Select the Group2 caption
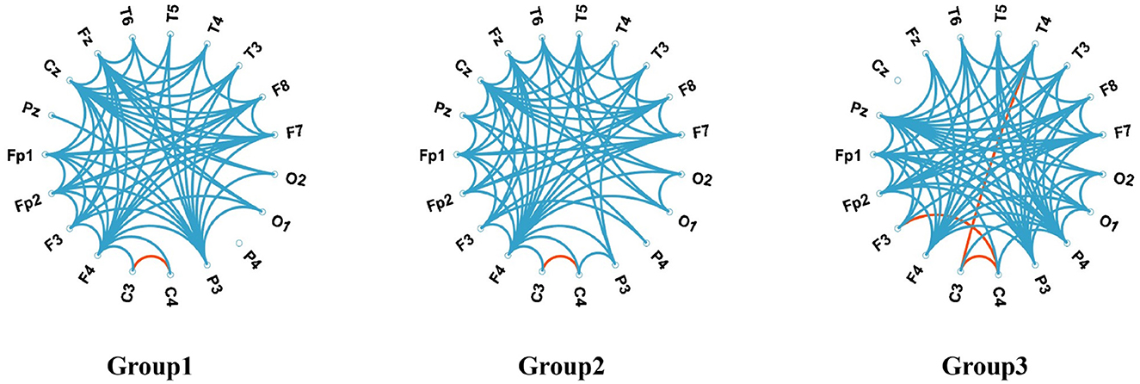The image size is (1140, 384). (560, 366)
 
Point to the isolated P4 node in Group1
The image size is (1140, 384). (239, 244)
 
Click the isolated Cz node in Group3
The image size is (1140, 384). (897, 80)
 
